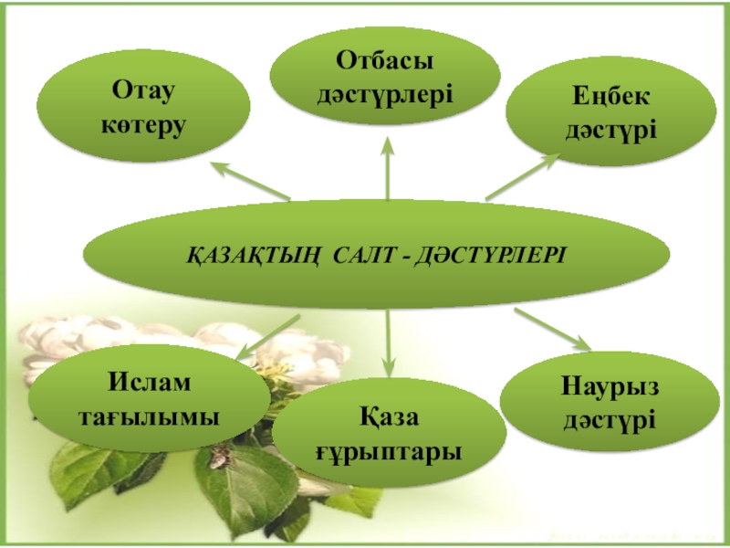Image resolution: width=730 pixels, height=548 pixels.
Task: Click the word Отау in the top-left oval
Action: point(143,91)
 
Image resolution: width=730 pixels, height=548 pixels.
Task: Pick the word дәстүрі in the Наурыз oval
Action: point(610,420)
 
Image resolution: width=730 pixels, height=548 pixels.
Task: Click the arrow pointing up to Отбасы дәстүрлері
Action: point(388,169)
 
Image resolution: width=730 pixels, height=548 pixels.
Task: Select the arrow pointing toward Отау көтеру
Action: point(250,180)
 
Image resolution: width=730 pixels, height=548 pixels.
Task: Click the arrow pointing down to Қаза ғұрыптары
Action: point(388,342)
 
